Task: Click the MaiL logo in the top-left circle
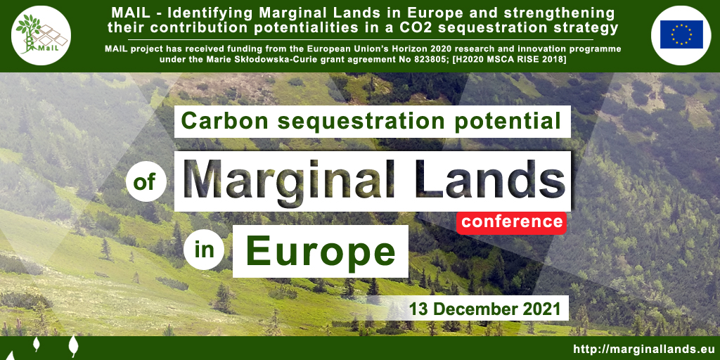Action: point(41,35)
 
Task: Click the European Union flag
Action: point(681,34)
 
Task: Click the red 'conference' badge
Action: point(512,222)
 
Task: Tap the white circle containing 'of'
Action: point(146,182)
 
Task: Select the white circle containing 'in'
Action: point(204,251)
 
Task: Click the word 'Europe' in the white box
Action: point(321,252)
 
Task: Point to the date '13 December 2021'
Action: point(485,309)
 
